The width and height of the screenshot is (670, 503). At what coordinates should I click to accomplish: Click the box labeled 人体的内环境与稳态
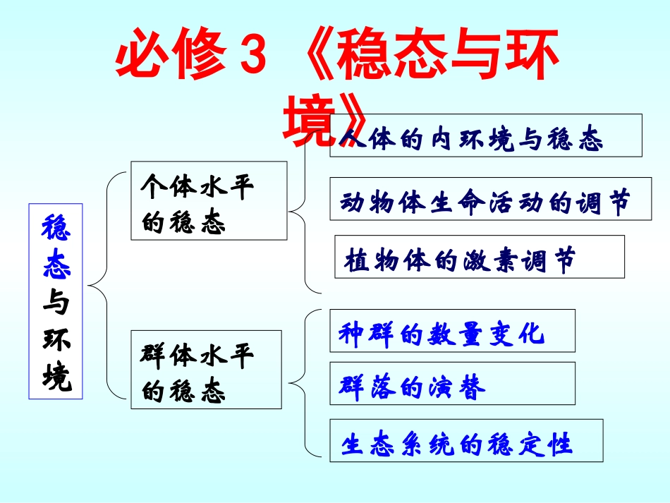tap(486, 135)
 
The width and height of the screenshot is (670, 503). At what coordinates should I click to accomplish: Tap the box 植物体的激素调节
tap(479, 257)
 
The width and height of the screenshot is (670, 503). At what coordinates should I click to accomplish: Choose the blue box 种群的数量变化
tap(452, 331)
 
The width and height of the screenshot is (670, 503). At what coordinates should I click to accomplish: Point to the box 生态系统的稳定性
tap(466, 441)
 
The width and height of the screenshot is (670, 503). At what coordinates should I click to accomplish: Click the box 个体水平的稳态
tap(209, 200)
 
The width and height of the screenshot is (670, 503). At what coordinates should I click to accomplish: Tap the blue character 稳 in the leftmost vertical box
tap(56, 230)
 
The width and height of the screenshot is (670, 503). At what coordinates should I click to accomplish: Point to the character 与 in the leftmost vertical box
tap(56, 303)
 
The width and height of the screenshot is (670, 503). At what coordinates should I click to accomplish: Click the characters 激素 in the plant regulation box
tap(491, 259)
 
